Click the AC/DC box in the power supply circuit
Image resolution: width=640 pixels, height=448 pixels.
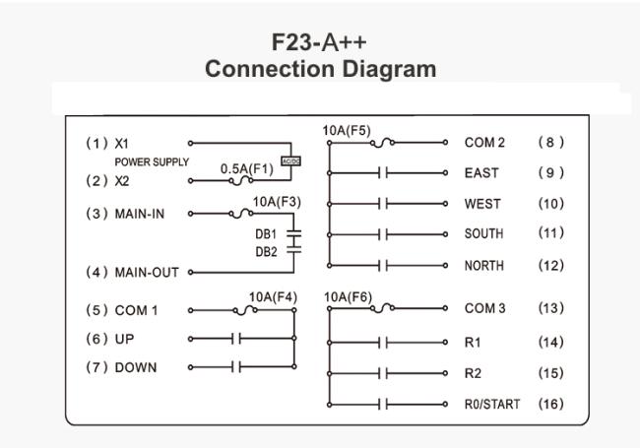tap(291, 161)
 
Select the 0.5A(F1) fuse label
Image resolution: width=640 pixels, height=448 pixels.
tap(247, 168)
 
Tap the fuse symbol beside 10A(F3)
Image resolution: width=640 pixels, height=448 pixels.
tap(241, 213)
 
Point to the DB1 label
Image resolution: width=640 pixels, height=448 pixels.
tap(266, 234)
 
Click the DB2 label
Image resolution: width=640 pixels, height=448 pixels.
tap(266, 252)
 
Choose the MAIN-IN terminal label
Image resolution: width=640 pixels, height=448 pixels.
tap(140, 214)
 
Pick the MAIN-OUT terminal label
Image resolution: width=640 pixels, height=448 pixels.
tap(147, 272)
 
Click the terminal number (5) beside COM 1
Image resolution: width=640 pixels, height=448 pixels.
tap(96, 310)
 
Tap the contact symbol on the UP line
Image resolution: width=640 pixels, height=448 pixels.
tap(236, 339)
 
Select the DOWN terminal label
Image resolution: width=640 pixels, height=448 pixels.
tap(136, 367)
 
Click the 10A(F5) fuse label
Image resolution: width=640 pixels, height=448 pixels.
tap(347, 131)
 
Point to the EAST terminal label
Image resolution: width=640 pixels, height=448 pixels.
tap(481, 173)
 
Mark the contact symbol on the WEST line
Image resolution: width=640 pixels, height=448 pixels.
tap(383, 204)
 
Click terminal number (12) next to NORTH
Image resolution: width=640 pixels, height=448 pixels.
tap(551, 266)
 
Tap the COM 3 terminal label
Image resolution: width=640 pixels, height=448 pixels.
tap(484, 308)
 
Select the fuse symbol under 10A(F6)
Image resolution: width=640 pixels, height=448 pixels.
tap(382, 308)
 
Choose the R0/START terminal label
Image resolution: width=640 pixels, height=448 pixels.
tap(492, 404)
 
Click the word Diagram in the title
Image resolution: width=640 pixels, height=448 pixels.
tap(389, 69)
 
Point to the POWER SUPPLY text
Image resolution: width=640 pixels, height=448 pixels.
tap(152, 162)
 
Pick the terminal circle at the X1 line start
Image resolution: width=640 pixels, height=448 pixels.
tap(190, 143)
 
